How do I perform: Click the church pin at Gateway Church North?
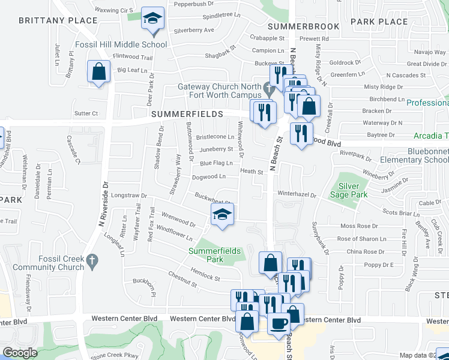point(269,91)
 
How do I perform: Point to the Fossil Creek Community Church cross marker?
point(91,260)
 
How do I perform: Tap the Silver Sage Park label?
point(348,190)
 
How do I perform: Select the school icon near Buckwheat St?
point(222,215)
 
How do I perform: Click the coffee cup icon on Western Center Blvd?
point(278,323)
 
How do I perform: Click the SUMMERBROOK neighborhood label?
point(304,26)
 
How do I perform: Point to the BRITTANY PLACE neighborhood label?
point(58,20)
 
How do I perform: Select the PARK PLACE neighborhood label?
point(379,22)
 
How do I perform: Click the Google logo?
point(20,353)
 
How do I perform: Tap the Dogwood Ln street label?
point(208,177)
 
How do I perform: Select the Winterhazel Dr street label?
point(297,194)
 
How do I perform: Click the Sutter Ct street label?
point(86,113)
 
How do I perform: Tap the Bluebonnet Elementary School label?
point(415,156)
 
